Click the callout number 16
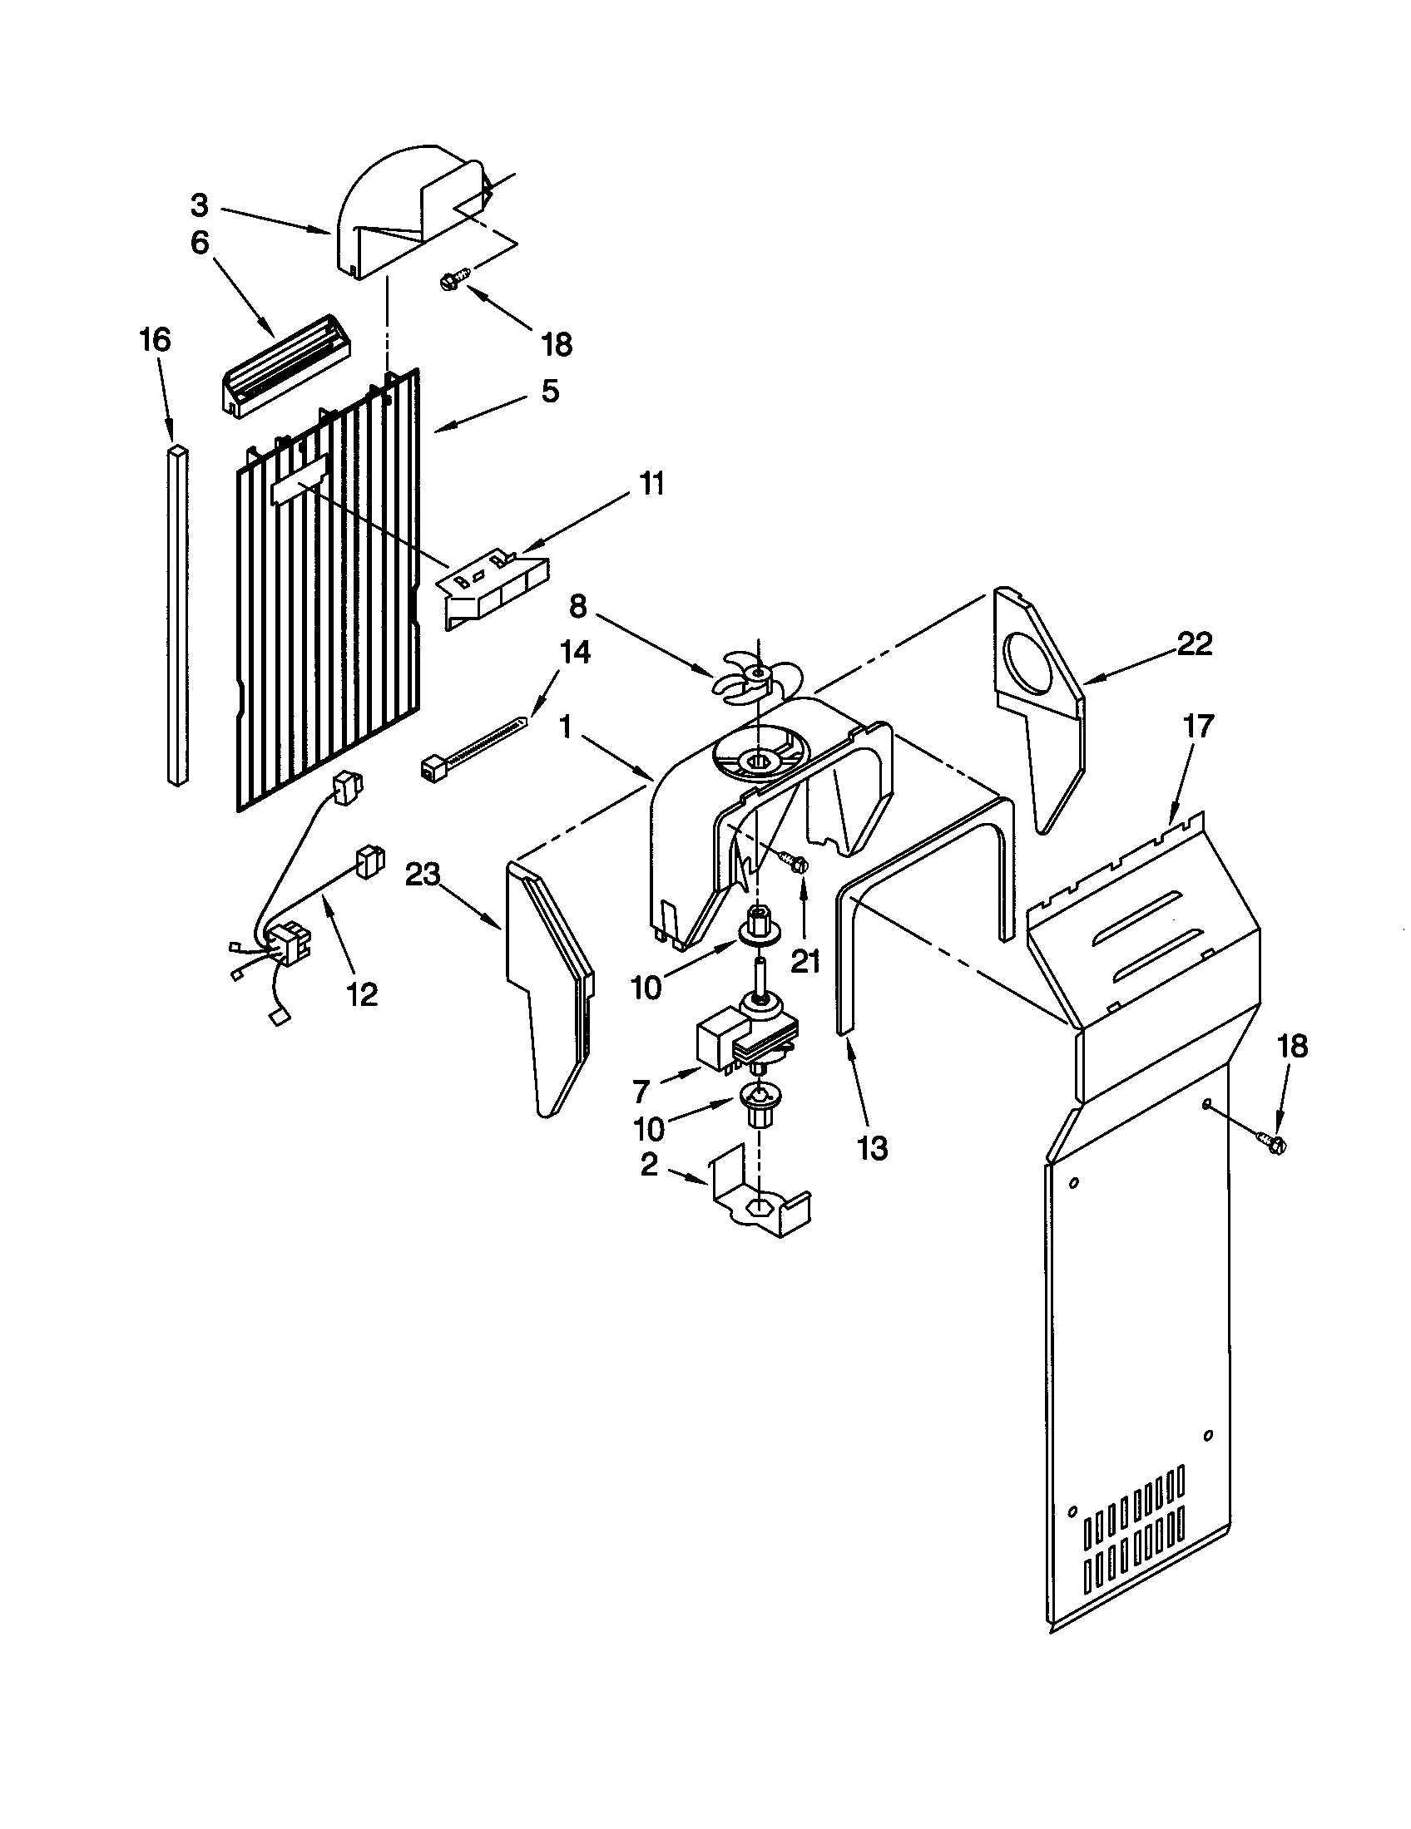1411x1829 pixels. tap(155, 340)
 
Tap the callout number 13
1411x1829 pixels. tap(872, 1148)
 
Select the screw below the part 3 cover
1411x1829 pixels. tap(453, 280)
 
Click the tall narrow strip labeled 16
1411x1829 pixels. tap(178, 615)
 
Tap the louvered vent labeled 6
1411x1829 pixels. tap(285, 364)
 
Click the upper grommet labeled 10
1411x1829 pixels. tap(756, 923)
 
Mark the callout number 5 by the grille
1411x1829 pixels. tap(550, 391)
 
